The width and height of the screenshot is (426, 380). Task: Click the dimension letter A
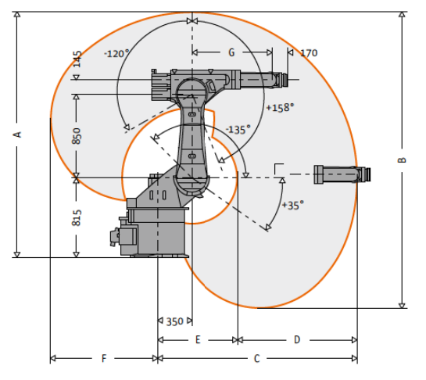pyautogui.click(x=18, y=134)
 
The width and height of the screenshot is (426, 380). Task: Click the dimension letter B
pyautogui.click(x=402, y=160)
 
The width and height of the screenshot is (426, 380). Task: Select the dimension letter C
pyautogui.click(x=256, y=359)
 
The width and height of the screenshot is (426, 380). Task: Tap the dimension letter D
pyautogui.click(x=297, y=340)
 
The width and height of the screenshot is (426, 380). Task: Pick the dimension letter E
pyautogui.click(x=198, y=340)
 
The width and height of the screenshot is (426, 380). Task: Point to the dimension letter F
pyautogui.click(x=104, y=359)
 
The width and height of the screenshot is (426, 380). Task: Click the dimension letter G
pyautogui.click(x=231, y=52)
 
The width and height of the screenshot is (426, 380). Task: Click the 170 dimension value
pyautogui.click(x=309, y=53)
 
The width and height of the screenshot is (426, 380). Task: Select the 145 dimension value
pyautogui.click(x=77, y=59)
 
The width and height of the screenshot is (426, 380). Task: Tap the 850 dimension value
pyautogui.click(x=77, y=136)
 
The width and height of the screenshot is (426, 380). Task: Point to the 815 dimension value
pyautogui.click(x=77, y=217)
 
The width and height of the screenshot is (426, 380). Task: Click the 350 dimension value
pyautogui.click(x=174, y=322)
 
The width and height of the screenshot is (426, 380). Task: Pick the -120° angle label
pyautogui.click(x=116, y=53)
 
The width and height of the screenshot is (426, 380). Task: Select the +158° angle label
pyautogui.click(x=280, y=108)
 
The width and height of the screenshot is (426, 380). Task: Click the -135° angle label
pyautogui.click(x=238, y=130)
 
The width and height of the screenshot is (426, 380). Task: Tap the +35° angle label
pyautogui.click(x=293, y=205)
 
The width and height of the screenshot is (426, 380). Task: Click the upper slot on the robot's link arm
pyautogui.click(x=192, y=114)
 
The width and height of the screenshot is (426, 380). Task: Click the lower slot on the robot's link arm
pyautogui.click(x=192, y=156)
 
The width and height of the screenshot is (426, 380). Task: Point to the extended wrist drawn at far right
pyautogui.click(x=342, y=174)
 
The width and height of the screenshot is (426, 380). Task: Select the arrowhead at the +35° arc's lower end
pyautogui.click(x=268, y=228)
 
